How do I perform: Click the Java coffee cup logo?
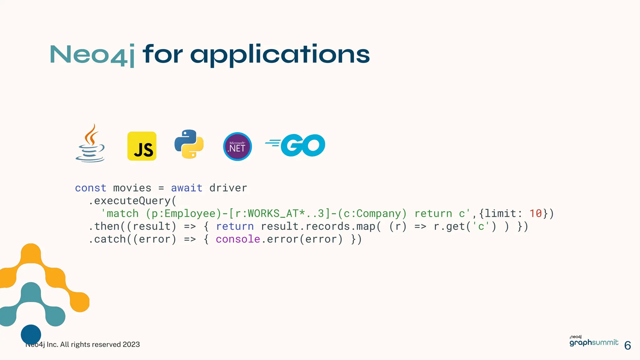90,144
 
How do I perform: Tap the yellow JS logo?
142,146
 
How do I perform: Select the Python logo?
189,144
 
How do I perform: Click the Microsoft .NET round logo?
237,147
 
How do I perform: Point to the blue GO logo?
295,145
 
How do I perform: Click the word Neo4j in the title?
92,55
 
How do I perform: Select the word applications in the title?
280,55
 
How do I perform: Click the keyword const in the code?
91,188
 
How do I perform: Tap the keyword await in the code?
187,188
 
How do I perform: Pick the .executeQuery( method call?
132,201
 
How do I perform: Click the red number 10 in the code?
536,213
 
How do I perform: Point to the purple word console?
238,239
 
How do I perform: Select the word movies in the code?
132,188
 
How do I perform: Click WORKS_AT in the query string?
273,213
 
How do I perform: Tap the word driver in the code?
228,188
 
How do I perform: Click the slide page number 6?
627,346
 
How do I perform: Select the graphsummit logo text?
594,342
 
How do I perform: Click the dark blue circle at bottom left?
31,334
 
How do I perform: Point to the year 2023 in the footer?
131,344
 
